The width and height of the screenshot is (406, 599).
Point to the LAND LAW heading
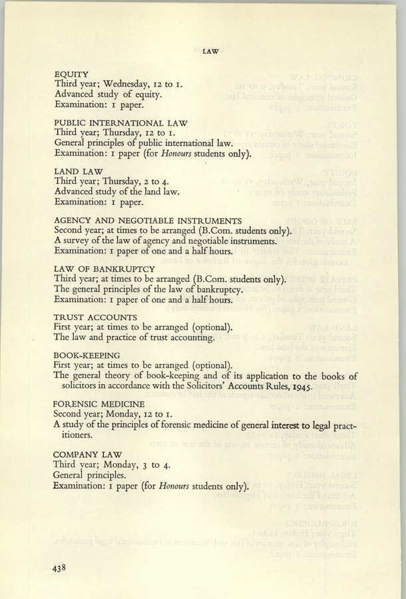coord(77,172)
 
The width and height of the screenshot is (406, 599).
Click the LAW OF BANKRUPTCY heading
coord(100,269)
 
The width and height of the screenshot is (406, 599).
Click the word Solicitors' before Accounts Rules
coord(205,387)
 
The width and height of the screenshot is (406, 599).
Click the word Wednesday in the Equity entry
coord(127,85)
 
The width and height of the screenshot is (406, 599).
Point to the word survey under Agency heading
coord(77,241)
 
